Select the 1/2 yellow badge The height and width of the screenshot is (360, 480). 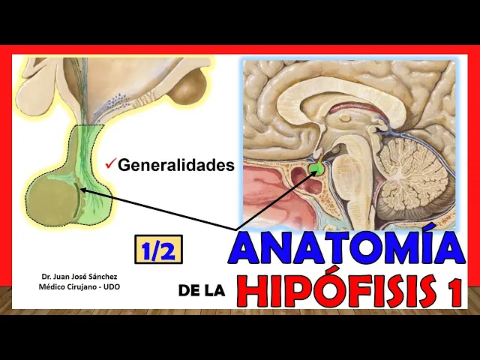point(158,249)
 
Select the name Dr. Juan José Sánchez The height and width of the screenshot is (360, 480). point(79,277)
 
